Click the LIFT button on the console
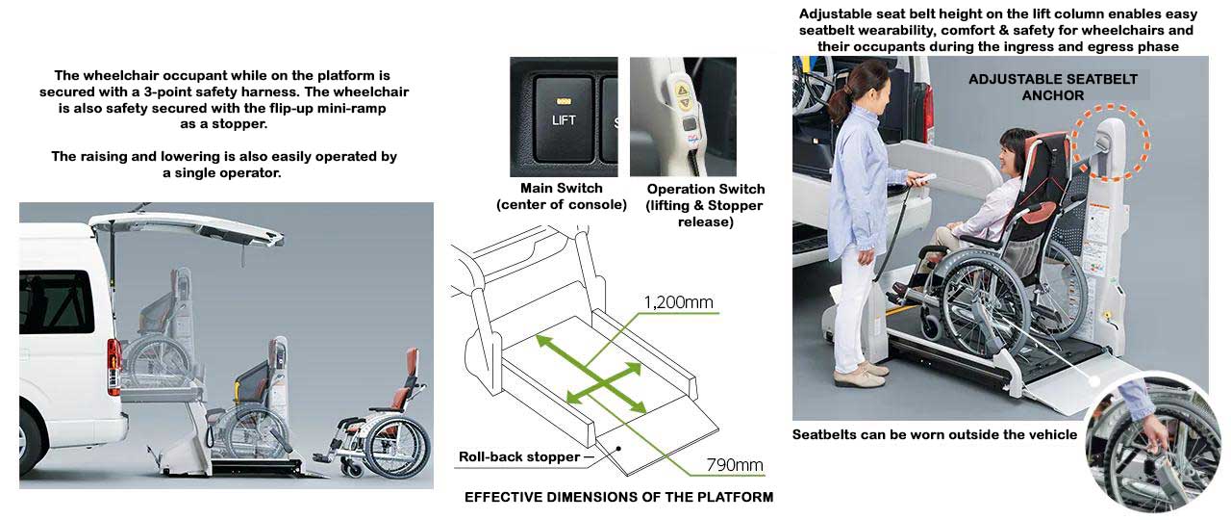[564, 117]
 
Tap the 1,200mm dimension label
[678, 302]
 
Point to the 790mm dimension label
[735, 465]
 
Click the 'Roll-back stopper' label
[519, 456]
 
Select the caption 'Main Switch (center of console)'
[561, 196]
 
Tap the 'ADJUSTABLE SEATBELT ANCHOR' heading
[1053, 87]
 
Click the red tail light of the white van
[113, 366]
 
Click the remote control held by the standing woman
[923, 178]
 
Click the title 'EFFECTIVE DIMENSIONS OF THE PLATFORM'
[618, 498]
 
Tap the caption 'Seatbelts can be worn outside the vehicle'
[934, 434]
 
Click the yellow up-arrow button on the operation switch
[682, 91]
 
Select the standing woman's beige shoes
[860, 374]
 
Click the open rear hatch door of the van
[187, 226]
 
